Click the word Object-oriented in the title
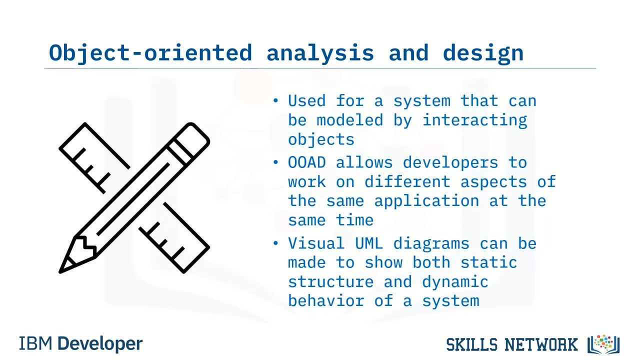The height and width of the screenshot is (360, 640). [x=150, y=53]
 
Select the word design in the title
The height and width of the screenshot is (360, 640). [x=483, y=53]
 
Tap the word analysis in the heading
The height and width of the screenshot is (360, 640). [x=320, y=53]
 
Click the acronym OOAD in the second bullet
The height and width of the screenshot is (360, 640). [x=307, y=162]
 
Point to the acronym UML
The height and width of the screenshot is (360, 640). [x=369, y=243]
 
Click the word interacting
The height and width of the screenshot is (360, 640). [x=474, y=120]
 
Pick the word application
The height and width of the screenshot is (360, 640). [x=426, y=201]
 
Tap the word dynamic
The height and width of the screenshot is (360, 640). [x=455, y=282]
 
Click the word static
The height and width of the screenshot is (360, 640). [x=489, y=262]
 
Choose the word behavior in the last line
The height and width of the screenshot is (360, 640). [x=326, y=301]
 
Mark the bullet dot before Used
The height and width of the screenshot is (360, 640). [x=275, y=100]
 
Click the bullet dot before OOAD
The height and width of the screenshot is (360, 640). [x=275, y=162]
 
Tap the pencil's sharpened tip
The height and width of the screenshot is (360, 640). [x=60, y=271]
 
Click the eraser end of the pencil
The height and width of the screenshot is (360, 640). [x=193, y=138]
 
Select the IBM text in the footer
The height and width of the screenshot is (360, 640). [x=35, y=343]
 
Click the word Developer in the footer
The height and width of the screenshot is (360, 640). [x=100, y=344]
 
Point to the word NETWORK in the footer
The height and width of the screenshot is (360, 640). [x=541, y=344]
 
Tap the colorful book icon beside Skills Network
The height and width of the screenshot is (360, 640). [x=603, y=344]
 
